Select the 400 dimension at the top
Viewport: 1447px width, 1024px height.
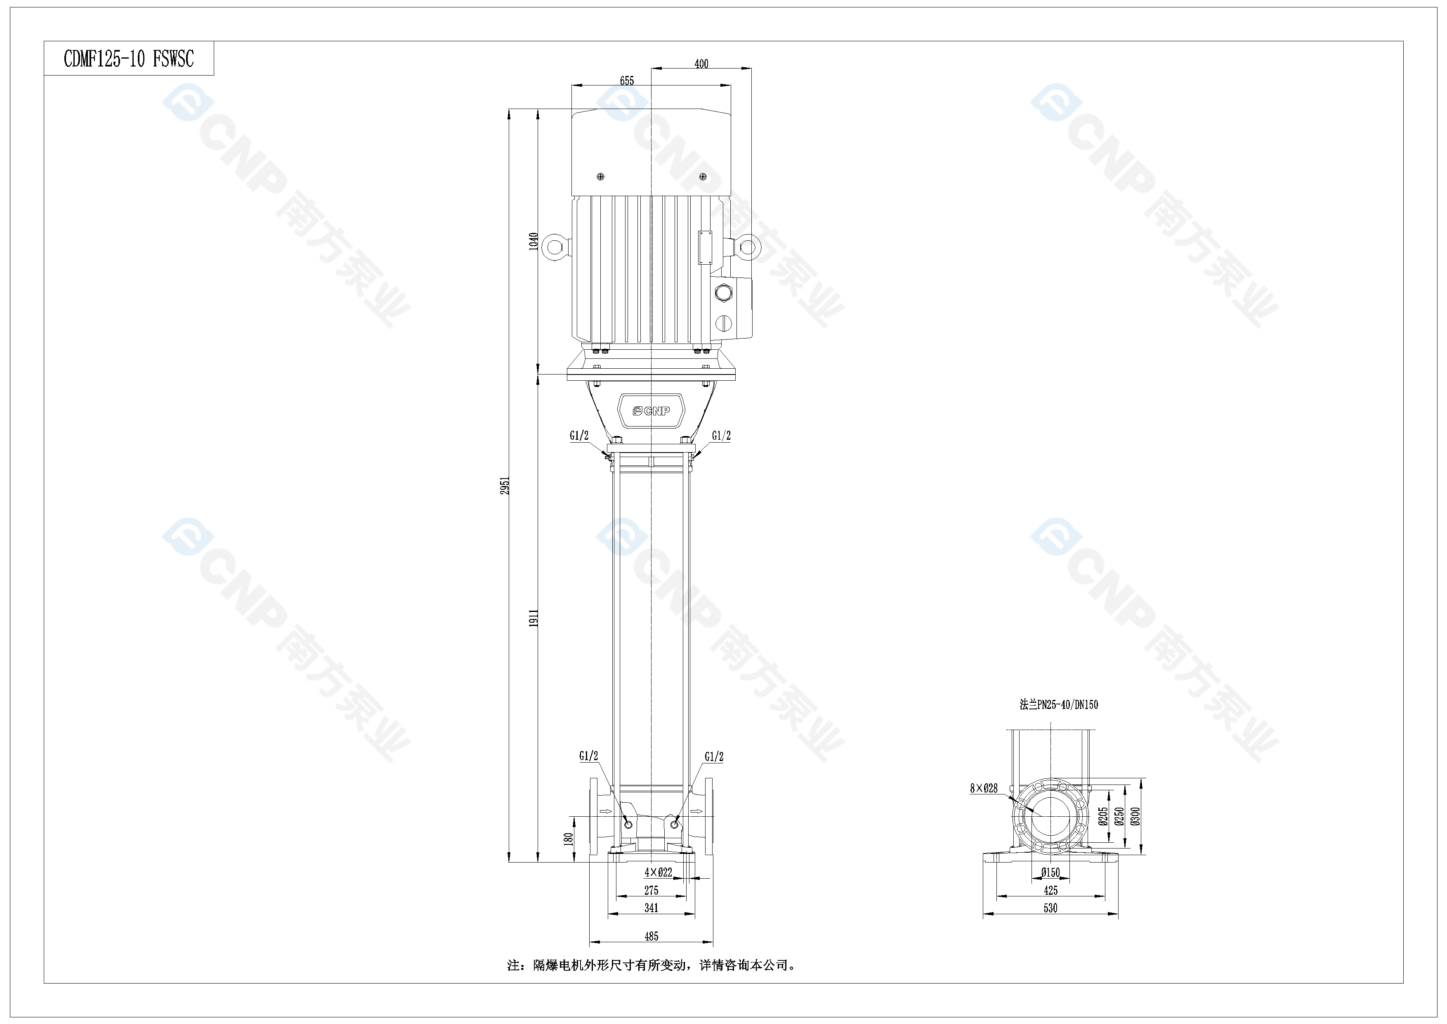tap(701, 64)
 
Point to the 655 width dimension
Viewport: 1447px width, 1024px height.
tap(627, 81)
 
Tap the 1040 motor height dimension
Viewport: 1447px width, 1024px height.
tap(533, 242)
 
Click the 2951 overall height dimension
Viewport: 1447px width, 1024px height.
tap(505, 486)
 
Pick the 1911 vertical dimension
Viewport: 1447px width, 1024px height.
tap(533, 618)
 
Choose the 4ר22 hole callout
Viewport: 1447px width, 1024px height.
tap(658, 872)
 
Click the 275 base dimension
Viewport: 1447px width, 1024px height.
tap(651, 890)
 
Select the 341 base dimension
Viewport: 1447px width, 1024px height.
tap(651, 908)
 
